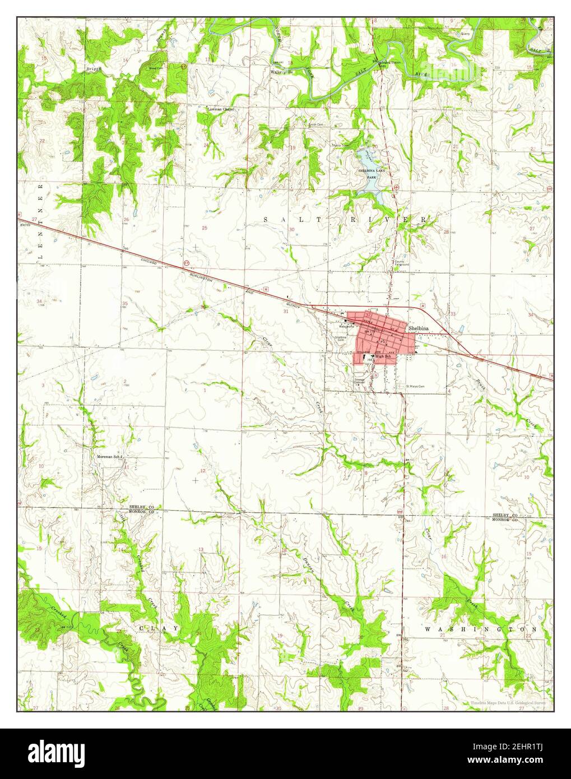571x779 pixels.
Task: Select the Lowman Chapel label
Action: [220, 109]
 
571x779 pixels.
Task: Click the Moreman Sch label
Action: [109, 457]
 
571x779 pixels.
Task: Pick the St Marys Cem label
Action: [415, 386]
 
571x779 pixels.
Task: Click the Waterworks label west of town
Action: [338, 326]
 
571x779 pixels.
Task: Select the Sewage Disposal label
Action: [359, 381]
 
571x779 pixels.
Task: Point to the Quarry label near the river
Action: [465, 34]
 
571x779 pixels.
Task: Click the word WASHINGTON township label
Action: [480, 629]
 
